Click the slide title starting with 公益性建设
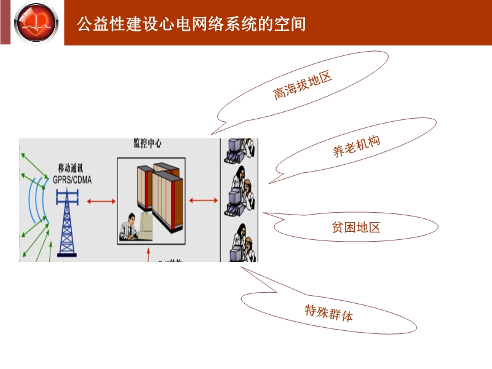[191, 24]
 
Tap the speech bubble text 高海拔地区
[302, 85]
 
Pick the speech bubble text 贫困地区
[355, 228]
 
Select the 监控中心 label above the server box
[148, 143]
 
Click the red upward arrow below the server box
[148, 255]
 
